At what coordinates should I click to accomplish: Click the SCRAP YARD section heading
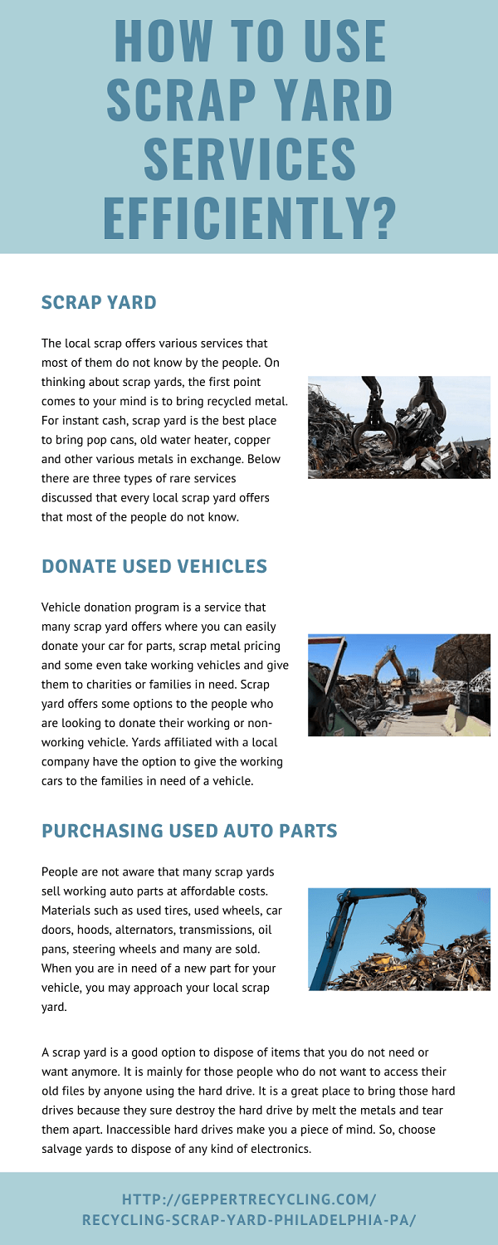coord(99,302)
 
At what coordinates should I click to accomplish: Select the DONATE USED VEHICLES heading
coord(154,566)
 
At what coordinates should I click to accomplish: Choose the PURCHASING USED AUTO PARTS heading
coord(189,830)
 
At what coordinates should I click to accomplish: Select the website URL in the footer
coord(249,1209)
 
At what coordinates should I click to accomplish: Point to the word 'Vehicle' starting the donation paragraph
coord(61,608)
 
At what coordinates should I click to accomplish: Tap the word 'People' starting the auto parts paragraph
coord(60,871)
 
